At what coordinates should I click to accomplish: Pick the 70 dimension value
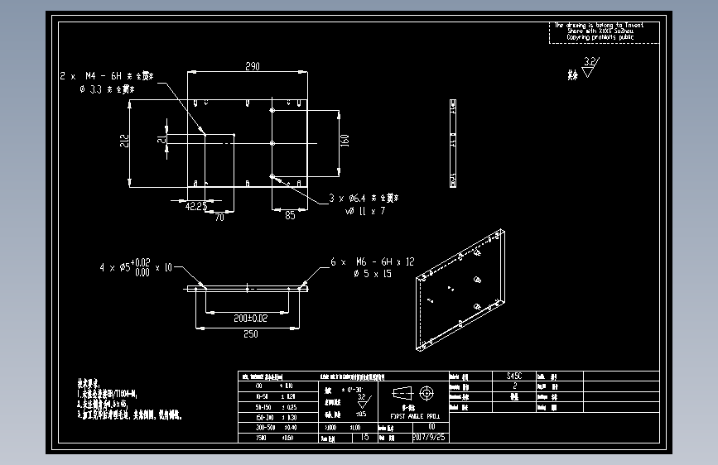click(219, 217)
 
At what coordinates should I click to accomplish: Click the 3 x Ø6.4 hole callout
click(364, 199)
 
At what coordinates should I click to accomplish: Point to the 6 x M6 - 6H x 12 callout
click(373, 261)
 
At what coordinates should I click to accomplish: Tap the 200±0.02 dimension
click(249, 318)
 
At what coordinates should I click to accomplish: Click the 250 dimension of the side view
click(250, 334)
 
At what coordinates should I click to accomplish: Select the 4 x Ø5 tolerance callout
click(136, 267)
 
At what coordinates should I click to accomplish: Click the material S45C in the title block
click(514, 376)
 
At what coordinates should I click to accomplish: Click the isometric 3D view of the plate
click(460, 290)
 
